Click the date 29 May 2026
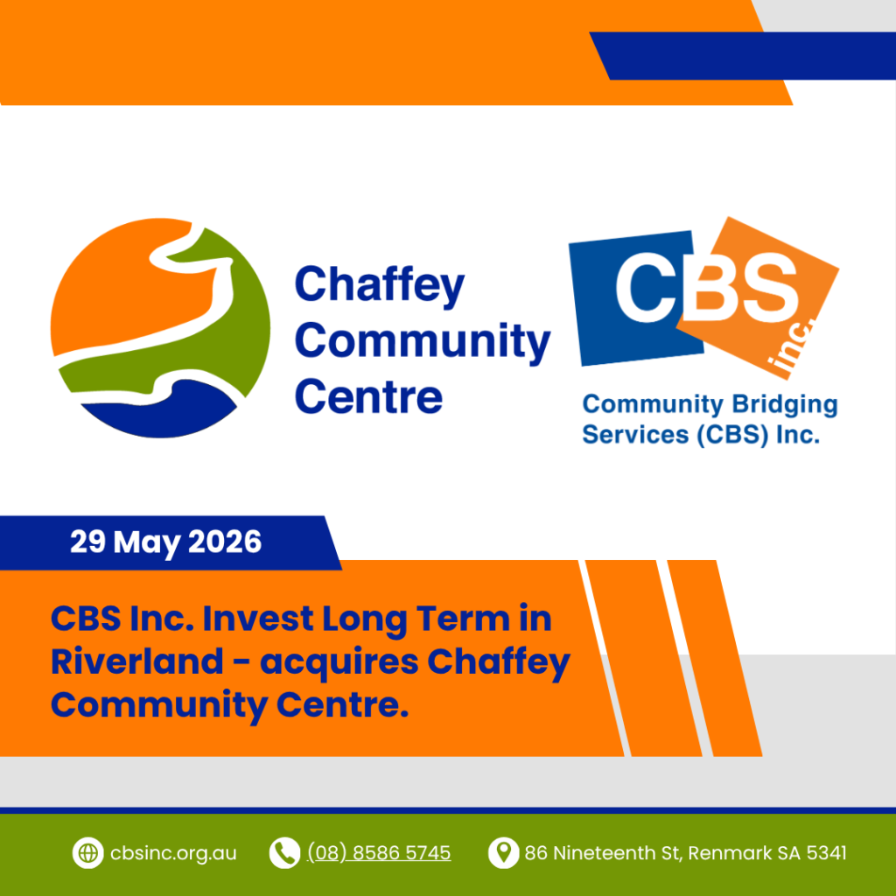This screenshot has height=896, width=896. pyautogui.click(x=165, y=542)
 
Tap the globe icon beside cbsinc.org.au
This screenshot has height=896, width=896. pyautogui.click(x=87, y=852)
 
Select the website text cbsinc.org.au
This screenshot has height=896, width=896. pyautogui.click(x=173, y=853)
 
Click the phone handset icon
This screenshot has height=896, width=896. pyautogui.click(x=284, y=852)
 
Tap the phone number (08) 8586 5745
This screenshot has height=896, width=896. pyautogui.click(x=379, y=853)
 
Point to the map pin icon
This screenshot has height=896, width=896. pyautogui.click(x=503, y=852)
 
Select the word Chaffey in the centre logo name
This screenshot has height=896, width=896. pyautogui.click(x=380, y=286)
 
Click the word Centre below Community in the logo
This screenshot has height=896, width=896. pyautogui.click(x=368, y=396)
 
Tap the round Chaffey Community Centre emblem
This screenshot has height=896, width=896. pyautogui.click(x=161, y=328)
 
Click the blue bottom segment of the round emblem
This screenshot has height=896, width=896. pyautogui.click(x=159, y=409)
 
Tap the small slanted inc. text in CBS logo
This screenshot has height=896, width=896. pyautogui.click(x=790, y=348)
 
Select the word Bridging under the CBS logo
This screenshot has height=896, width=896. pyautogui.click(x=785, y=405)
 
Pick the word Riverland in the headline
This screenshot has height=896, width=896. pyautogui.click(x=137, y=661)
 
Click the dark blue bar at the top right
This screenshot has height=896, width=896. pyautogui.click(x=743, y=55)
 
